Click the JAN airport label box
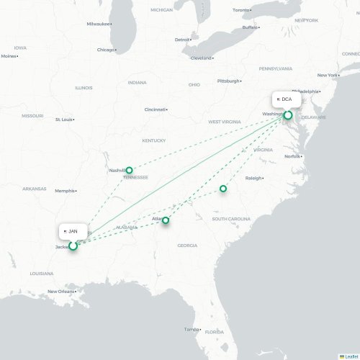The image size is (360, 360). click(x=73, y=230)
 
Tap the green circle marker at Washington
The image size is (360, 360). click(x=288, y=115)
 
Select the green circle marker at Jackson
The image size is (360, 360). click(x=73, y=246)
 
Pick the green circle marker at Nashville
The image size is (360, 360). click(x=130, y=171)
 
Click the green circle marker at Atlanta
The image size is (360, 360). click(x=166, y=220)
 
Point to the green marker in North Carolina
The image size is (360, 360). click(x=222, y=189)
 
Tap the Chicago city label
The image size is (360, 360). click(x=106, y=50)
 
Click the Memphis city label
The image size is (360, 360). click(x=65, y=191)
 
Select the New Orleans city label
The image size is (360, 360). click(x=61, y=291)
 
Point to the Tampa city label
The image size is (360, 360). click(x=190, y=329)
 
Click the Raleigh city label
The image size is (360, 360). click(x=253, y=177)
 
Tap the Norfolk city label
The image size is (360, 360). click(x=292, y=156)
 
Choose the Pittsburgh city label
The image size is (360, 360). click(x=228, y=81)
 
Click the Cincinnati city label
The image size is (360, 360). click(x=155, y=109)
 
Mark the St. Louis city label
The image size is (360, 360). click(x=64, y=119)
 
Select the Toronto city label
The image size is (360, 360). click(x=242, y=10)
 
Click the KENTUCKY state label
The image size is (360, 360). click(x=153, y=140)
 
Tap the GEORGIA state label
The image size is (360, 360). click(x=187, y=246)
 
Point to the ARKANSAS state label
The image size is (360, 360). click(x=34, y=189)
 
